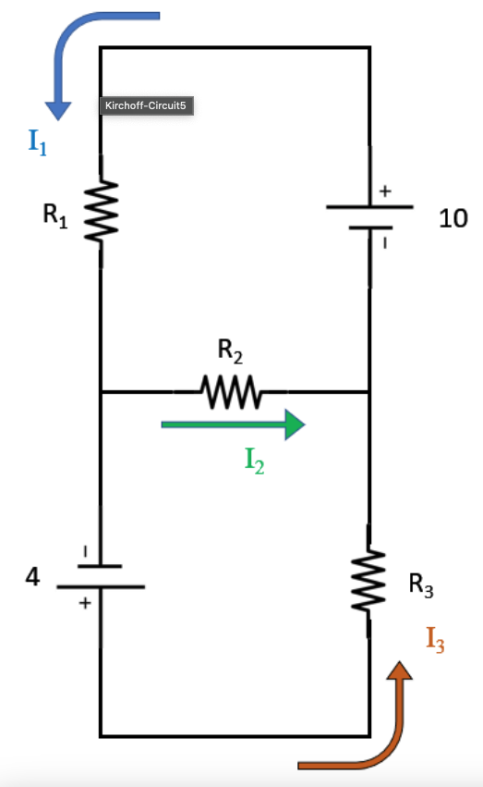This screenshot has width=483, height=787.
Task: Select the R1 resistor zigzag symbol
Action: [x=101, y=212]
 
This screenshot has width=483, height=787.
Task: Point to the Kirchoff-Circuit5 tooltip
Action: [x=146, y=106]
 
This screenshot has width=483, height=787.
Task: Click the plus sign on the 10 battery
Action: [x=385, y=191]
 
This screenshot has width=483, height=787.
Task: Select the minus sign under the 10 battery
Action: [x=386, y=242]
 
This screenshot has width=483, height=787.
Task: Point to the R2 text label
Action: [x=230, y=350]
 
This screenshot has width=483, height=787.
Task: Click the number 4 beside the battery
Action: [x=33, y=577]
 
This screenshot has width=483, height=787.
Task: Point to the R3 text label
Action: [x=420, y=584]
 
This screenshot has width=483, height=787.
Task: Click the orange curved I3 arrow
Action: [x=369, y=731]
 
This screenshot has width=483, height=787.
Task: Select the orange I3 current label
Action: [x=435, y=639]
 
